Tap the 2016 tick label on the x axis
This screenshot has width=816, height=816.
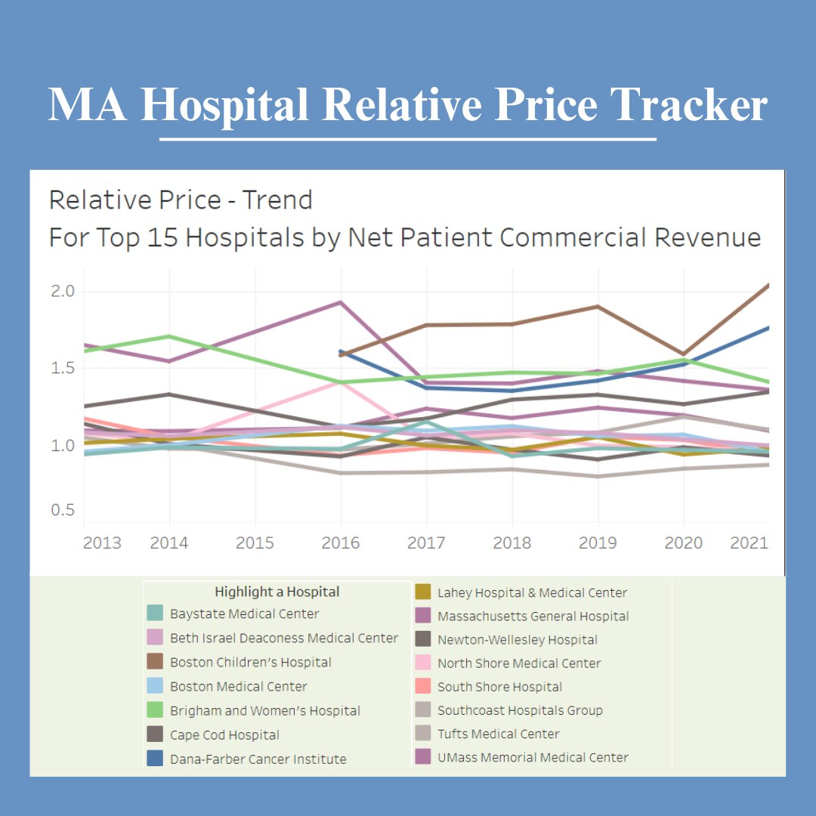tap(341, 543)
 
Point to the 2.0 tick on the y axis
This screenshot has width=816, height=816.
tap(63, 292)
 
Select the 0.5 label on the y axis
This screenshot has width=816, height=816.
tap(63, 510)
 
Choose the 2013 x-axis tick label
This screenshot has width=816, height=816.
tap(102, 543)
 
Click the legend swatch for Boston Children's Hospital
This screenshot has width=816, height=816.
tap(155, 663)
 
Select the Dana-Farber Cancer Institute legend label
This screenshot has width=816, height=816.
tap(258, 759)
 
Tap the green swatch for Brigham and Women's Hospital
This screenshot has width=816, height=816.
tap(155, 711)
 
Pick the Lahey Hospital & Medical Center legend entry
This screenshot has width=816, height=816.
tap(532, 593)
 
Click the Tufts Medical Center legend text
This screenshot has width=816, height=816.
tap(499, 734)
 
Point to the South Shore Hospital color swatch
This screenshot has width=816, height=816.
tap(423, 687)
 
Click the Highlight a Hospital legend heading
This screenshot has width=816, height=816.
tap(277, 592)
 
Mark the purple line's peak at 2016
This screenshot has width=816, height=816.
tap(341, 302)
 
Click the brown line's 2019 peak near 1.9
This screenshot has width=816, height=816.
tap(598, 306)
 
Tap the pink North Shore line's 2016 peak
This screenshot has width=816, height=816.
tap(341, 382)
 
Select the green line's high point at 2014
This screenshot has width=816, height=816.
tap(169, 336)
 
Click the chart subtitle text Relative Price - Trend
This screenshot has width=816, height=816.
tap(181, 200)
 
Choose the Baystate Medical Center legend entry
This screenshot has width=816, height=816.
tap(244, 614)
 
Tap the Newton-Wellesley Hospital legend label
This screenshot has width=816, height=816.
tap(517, 640)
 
